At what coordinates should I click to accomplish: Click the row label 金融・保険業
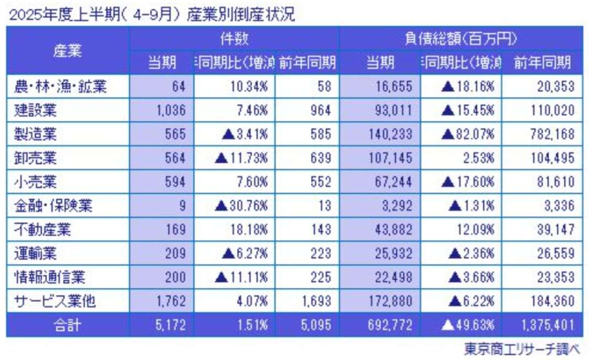[x=53, y=206]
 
